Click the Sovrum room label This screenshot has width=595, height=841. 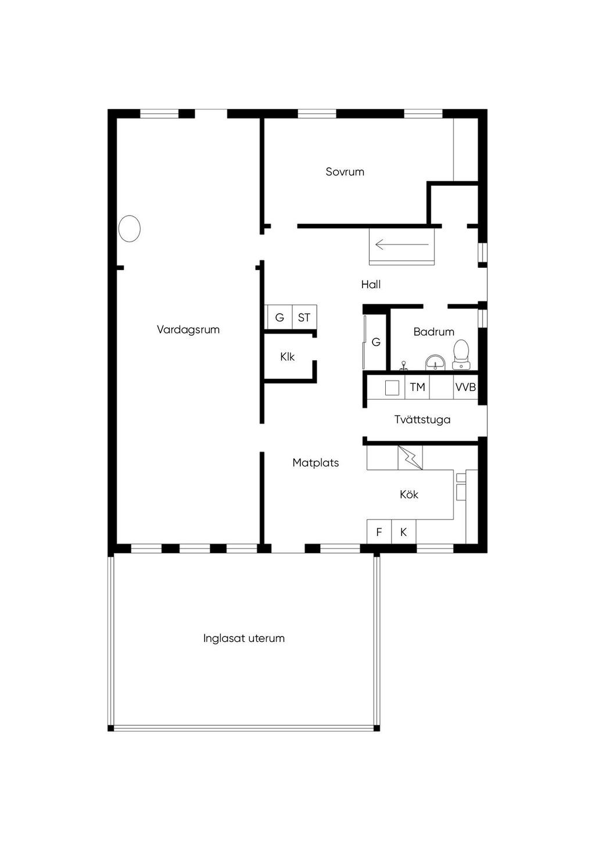(x=345, y=172)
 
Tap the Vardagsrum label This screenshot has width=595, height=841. (x=188, y=330)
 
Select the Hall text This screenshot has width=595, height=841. (x=371, y=284)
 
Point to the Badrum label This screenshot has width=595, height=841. (x=433, y=332)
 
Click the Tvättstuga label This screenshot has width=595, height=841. (x=422, y=419)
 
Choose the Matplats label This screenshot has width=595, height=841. (x=316, y=462)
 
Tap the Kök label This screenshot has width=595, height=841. (x=408, y=494)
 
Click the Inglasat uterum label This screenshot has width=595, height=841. (x=244, y=638)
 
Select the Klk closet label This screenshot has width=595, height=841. (x=288, y=357)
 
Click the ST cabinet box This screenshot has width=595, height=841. (x=304, y=317)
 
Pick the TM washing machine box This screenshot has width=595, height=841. (x=417, y=387)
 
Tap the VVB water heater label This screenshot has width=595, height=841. (x=465, y=387)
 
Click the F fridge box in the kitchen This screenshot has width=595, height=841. (x=379, y=531)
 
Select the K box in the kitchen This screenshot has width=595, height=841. (x=403, y=531)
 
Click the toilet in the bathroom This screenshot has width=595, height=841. (x=461, y=354)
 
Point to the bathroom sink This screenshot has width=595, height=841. (x=435, y=362)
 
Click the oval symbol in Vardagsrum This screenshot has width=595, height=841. (x=129, y=229)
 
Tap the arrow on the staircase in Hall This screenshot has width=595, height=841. (x=402, y=245)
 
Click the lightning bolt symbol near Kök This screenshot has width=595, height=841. (x=410, y=458)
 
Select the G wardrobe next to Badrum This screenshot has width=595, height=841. (x=375, y=342)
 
